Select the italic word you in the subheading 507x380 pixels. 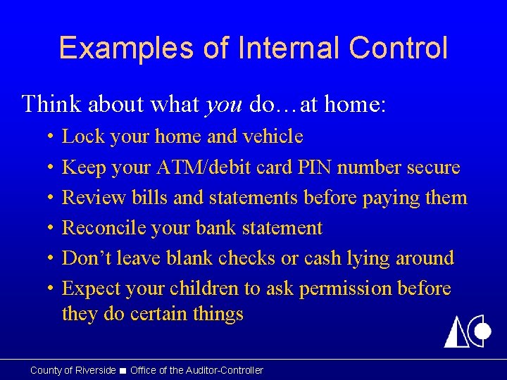click(224, 105)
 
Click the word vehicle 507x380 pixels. click(272, 137)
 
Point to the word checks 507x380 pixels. click(246, 258)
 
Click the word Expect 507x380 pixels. click(91, 289)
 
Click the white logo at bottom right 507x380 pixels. click(467, 328)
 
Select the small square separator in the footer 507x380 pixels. click(123, 371)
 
